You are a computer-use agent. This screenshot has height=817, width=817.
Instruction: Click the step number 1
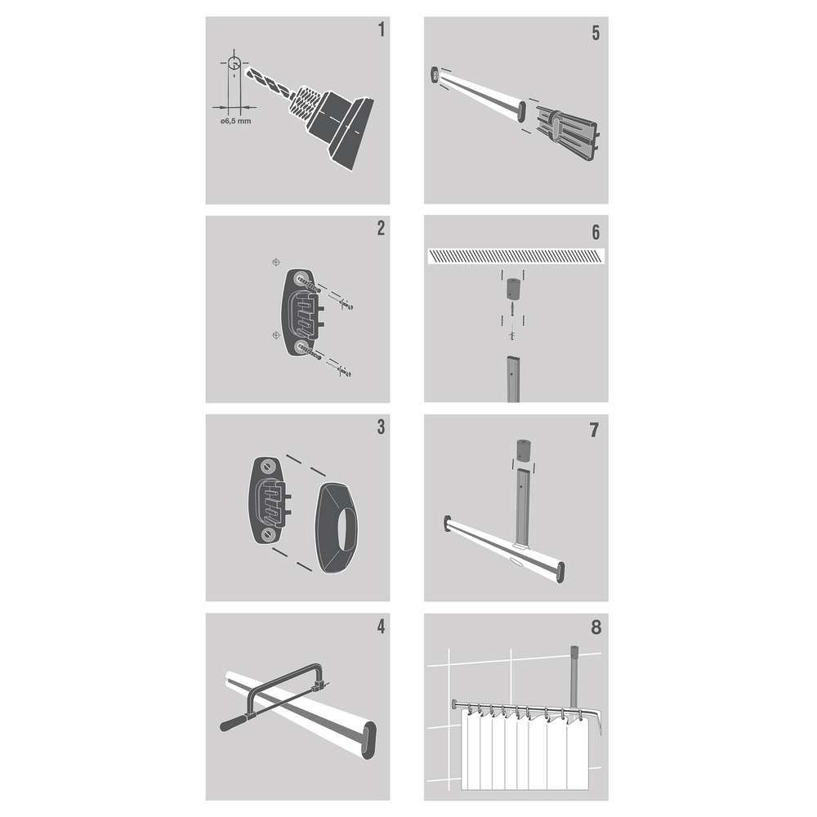coord(382,29)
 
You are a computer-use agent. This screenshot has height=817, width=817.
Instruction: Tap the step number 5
coord(596,33)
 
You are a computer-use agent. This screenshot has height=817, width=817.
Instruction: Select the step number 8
coord(596,627)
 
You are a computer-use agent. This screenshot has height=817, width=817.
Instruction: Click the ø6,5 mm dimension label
coord(235,121)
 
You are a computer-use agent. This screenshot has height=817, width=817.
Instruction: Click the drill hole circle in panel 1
coord(234,64)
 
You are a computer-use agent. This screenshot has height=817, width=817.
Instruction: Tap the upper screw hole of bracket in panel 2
coord(301,279)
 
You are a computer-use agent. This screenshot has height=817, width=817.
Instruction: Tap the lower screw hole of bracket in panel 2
coord(301,346)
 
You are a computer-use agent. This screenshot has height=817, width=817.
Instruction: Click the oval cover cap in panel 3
coord(337,528)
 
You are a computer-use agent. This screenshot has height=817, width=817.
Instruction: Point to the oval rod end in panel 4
coord(369,740)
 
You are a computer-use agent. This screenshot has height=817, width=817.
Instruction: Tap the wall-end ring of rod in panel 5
coord(434,74)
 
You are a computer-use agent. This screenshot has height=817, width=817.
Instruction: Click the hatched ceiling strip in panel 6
coord(516,256)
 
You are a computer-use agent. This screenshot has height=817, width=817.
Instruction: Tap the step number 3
coord(382,426)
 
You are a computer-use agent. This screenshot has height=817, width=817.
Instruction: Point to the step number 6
coord(596,232)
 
